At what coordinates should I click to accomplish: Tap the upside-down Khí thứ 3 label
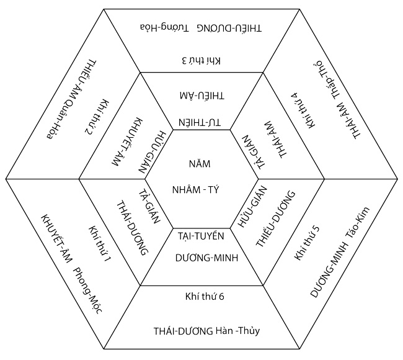point(201,60)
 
